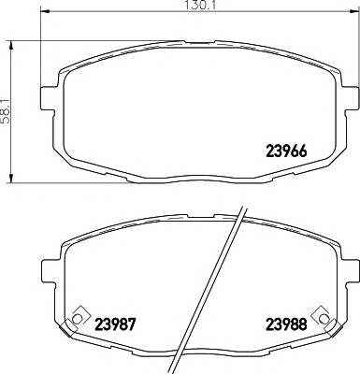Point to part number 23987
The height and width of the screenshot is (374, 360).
pyautogui.click(x=114, y=326)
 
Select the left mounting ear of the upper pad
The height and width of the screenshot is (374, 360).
pyautogui.click(x=48, y=94)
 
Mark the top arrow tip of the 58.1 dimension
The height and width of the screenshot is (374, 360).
pyautogui.click(x=11, y=39)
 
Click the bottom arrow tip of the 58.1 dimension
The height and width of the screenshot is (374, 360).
pyautogui.click(x=11, y=181)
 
